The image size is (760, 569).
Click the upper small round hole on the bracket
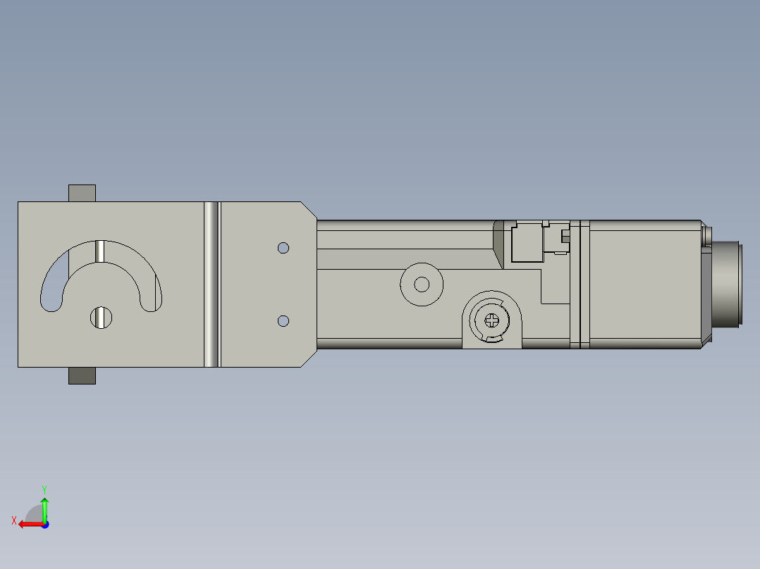click(283, 248)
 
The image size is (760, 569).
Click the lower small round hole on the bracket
click(283, 321)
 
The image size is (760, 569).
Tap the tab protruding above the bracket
click(82, 193)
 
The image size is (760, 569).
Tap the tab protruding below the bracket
click(82, 376)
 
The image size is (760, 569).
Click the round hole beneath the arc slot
click(101, 318)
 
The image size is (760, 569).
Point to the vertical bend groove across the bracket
click(212, 284)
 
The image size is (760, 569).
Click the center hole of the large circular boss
click(422, 284)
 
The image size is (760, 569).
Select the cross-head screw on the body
click(492, 320)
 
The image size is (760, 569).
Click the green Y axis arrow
click(44, 507)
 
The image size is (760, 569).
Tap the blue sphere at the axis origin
click(44, 524)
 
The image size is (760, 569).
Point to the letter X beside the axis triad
click(13, 520)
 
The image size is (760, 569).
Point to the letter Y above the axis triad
click(44, 488)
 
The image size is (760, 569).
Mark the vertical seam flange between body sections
click(579, 284)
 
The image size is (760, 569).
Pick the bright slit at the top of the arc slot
click(100, 251)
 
